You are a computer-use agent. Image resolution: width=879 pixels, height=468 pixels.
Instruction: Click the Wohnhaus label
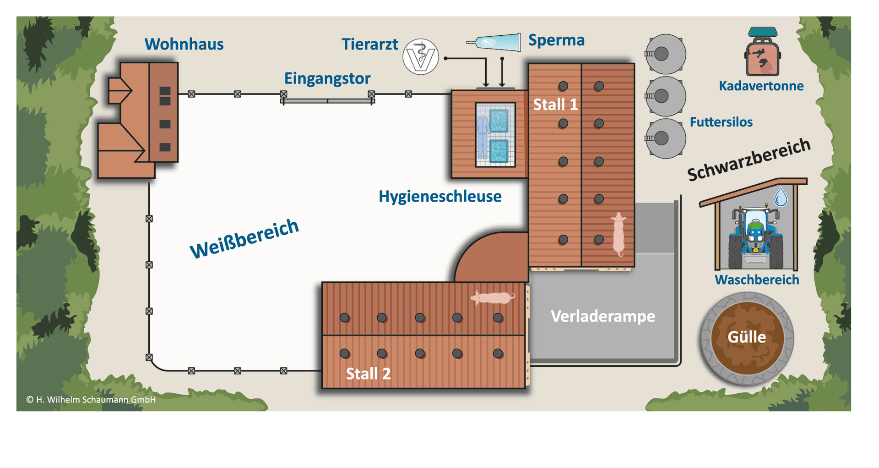point(184,44)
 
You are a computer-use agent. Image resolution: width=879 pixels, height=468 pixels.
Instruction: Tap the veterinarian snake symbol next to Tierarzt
point(421,57)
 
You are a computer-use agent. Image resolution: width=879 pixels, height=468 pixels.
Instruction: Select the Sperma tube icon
point(495,43)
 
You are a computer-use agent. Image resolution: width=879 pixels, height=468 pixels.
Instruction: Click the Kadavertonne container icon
point(762,53)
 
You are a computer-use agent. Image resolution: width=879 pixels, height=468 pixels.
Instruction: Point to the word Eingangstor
point(327,78)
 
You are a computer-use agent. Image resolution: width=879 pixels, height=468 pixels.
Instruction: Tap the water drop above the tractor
point(781,198)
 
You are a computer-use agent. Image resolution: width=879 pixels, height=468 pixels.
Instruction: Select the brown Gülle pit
point(747,338)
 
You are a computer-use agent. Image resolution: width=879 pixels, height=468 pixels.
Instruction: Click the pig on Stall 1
point(619,234)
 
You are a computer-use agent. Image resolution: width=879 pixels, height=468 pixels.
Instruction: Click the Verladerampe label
point(602,316)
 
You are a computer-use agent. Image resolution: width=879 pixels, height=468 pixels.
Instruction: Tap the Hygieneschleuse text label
point(440,197)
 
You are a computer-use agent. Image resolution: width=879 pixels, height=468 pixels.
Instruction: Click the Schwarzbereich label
point(749,160)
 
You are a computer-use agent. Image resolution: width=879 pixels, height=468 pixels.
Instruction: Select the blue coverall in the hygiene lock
point(483,136)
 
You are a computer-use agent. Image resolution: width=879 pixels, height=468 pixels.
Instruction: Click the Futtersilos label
point(721,122)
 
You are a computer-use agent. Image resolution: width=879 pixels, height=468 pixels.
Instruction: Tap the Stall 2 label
point(368,374)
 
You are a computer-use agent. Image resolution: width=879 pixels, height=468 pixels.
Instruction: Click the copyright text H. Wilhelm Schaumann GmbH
point(91,400)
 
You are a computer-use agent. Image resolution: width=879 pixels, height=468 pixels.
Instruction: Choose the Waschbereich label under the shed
point(757,280)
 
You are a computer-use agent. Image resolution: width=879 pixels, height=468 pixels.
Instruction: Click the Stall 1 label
point(555,105)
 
